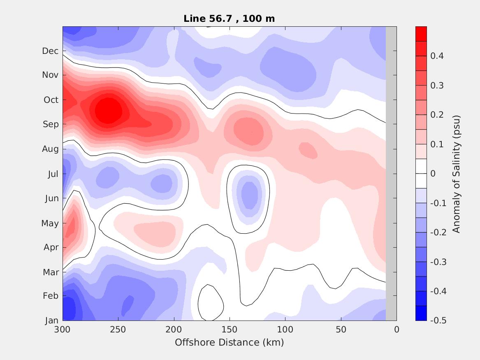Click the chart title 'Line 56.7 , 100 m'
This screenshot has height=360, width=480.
[229, 19]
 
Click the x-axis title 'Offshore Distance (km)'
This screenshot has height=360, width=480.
[229, 342]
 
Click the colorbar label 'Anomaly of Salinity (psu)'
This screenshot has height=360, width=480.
[456, 174]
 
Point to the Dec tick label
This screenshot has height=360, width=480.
[50, 51]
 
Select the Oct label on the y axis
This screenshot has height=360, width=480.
[51, 100]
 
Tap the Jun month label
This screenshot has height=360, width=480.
[52, 198]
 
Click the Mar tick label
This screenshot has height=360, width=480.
[51, 272]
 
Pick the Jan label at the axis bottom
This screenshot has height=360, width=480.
[51, 321]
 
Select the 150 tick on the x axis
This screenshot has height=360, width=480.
[230, 330]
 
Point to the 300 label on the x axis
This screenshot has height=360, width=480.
[63, 330]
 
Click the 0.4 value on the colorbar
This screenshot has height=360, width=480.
[436, 56]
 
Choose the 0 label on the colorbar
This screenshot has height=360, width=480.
[433, 174]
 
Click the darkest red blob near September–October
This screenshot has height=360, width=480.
[108, 111]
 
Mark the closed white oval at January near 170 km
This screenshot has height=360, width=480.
[211, 303]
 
